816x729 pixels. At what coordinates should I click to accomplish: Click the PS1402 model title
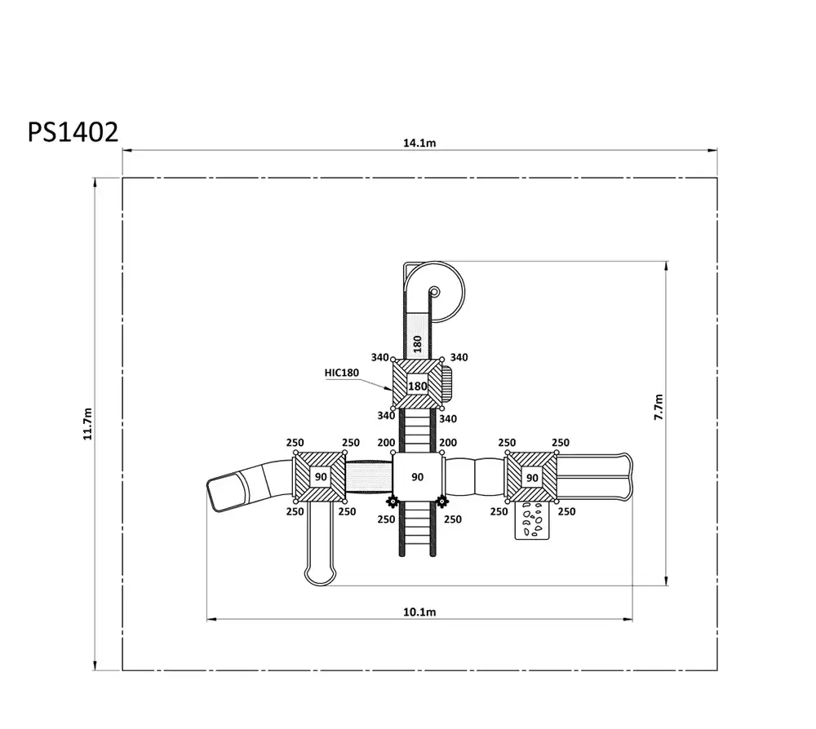[x=73, y=133]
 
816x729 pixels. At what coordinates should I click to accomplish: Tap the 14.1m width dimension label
[x=419, y=143]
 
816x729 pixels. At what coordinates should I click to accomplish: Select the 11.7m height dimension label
[x=87, y=424]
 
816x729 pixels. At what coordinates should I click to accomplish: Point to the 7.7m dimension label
[x=659, y=407]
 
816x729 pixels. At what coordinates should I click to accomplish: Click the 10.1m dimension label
[x=419, y=612]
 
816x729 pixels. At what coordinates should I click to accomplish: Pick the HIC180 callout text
[x=341, y=373]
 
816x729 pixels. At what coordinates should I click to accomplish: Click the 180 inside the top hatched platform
[x=417, y=387]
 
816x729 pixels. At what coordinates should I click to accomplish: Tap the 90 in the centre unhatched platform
[x=417, y=477]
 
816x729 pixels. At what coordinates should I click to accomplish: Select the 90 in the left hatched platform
[x=321, y=477]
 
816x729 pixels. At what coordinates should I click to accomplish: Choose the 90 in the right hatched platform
[x=532, y=478]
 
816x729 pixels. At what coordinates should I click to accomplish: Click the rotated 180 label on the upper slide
[x=417, y=343]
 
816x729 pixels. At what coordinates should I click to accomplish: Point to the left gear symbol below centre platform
[x=392, y=501]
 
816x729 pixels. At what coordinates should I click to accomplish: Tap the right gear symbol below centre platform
[x=441, y=501]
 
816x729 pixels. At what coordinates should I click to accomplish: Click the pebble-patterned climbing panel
[x=532, y=521]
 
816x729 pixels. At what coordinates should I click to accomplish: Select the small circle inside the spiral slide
[x=434, y=291]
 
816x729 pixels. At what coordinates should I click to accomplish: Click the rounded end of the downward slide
[x=320, y=577]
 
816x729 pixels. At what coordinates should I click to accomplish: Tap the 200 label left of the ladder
[x=386, y=443]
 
